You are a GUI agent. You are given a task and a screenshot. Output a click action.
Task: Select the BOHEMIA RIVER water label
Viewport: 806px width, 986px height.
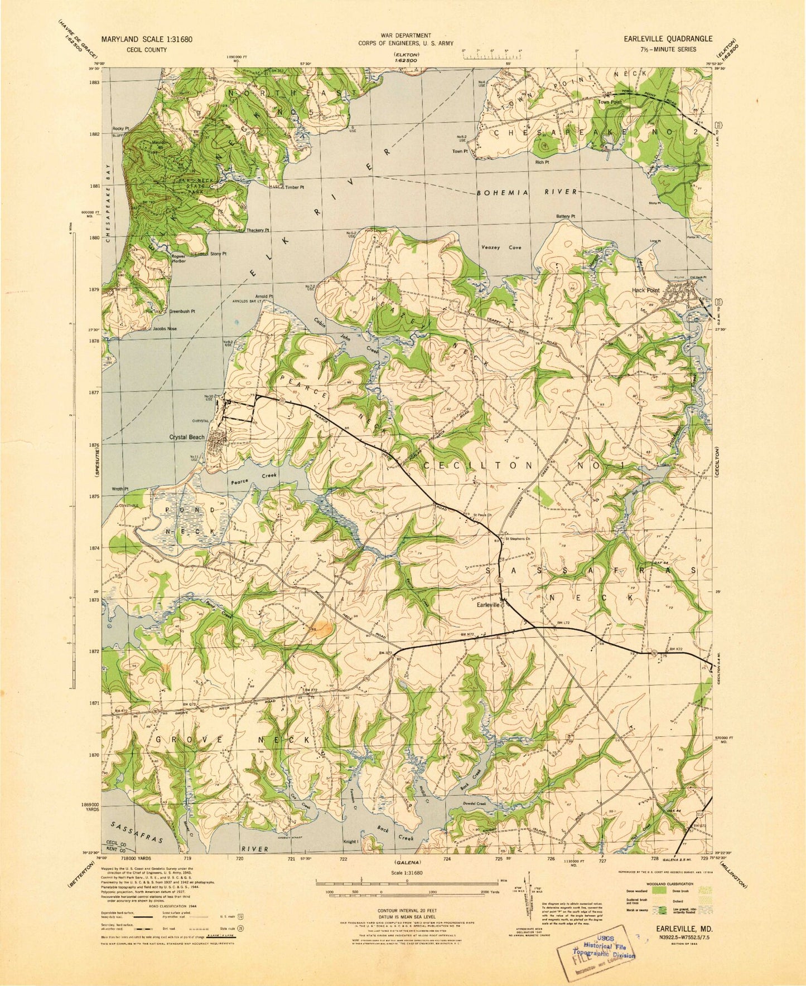click(x=527, y=192)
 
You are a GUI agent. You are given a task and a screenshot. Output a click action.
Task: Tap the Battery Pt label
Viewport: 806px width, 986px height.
click(x=566, y=217)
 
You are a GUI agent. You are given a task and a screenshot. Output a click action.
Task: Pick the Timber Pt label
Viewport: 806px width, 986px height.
click(x=295, y=187)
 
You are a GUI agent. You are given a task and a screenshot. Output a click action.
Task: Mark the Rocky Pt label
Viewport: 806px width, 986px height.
click(x=120, y=128)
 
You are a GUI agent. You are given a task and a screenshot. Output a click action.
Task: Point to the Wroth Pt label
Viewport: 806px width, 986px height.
click(x=120, y=489)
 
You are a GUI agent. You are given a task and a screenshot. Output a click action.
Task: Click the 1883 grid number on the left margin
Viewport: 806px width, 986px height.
click(x=93, y=82)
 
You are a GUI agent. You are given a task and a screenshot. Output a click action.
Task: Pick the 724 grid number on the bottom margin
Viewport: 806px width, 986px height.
click(x=447, y=859)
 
